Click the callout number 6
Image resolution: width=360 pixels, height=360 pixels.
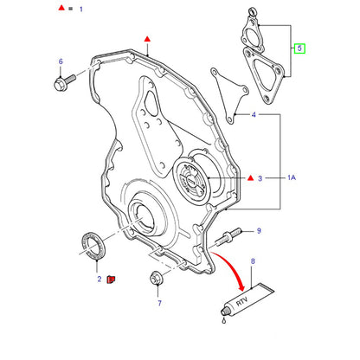[61, 61]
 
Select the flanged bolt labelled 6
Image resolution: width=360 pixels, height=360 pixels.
[65, 82]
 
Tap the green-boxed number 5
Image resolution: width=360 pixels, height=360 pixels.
[299, 48]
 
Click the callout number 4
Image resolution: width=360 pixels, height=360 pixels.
[254, 115]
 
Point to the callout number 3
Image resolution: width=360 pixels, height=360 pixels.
[260, 178]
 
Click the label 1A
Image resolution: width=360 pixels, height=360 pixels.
[292, 177]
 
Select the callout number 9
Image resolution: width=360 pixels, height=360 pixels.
[259, 231]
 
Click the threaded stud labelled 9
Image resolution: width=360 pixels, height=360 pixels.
[228, 236]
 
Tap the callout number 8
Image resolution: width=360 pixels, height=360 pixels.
[253, 261]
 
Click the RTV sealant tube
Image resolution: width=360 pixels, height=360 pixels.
[247, 300]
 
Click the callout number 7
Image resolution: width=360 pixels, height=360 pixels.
[159, 303]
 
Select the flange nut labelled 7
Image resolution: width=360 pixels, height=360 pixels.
[157, 279]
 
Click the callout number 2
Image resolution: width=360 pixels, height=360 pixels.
[100, 279]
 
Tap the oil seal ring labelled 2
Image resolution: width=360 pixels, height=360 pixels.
[93, 244]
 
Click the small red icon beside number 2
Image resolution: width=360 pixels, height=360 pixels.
[111, 280]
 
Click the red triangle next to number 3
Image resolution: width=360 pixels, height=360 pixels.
[251, 177]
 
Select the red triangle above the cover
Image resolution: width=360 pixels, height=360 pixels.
[147, 39]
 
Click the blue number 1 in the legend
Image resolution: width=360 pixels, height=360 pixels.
[81, 10]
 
